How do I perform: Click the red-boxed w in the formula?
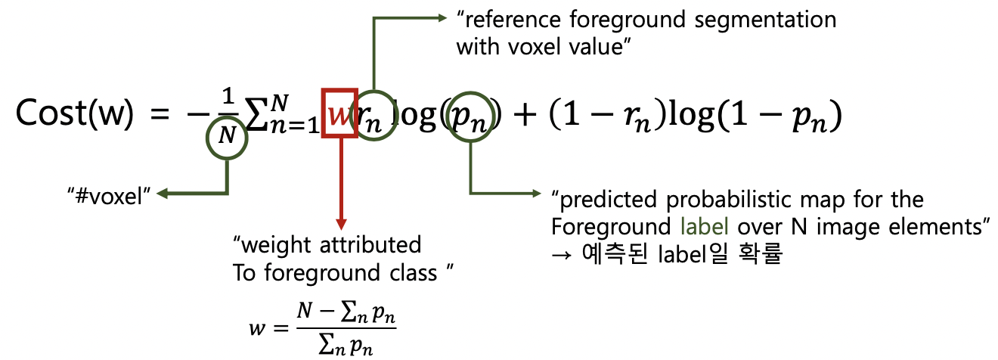pos(339,113)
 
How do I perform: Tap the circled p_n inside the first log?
pos(471,115)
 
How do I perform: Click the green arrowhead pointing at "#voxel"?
pos(162,195)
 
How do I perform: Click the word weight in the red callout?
pos(286,245)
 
